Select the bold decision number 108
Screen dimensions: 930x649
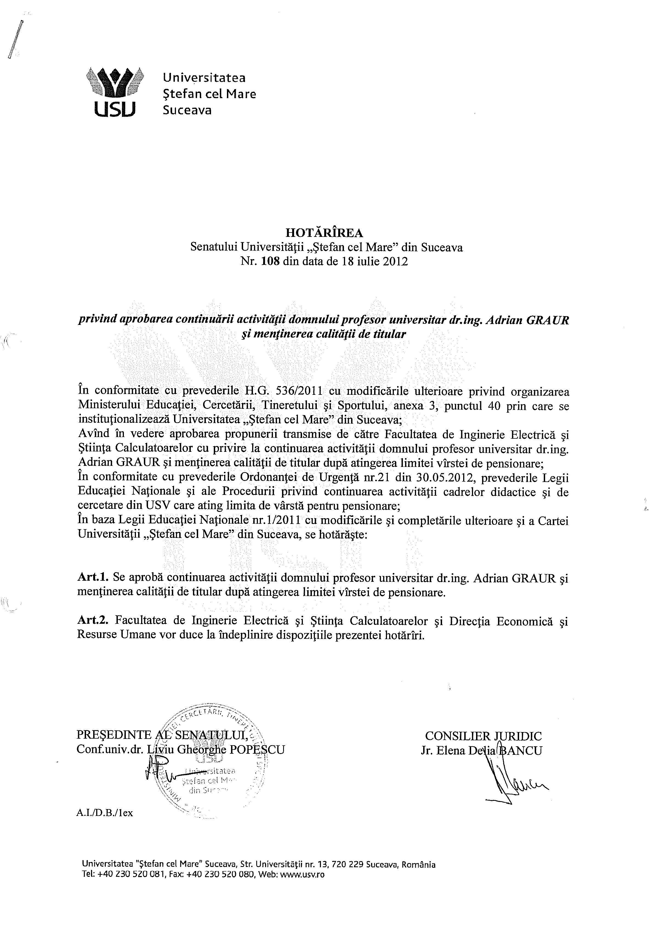point(271,261)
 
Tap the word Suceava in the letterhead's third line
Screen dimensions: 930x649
point(187,110)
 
